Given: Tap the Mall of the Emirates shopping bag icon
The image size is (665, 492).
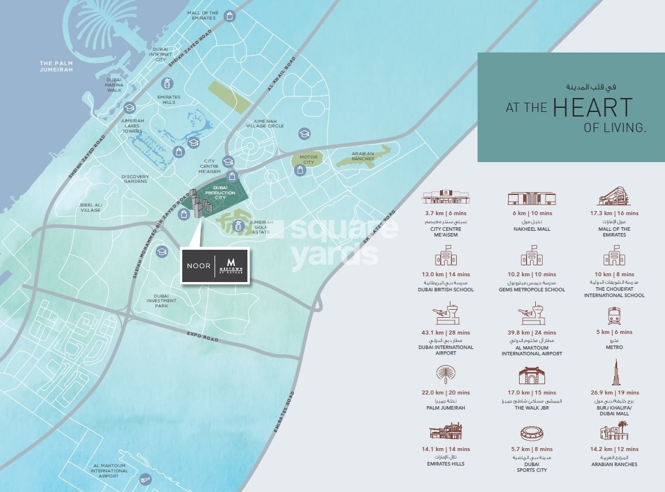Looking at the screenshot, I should [x=230, y=16].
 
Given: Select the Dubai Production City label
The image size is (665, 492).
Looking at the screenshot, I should [x=224, y=192].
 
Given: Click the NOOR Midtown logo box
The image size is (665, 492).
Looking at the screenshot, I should [x=215, y=266].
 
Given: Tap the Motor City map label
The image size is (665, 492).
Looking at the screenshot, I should [x=309, y=159].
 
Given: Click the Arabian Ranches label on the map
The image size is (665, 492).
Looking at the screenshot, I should [x=363, y=156].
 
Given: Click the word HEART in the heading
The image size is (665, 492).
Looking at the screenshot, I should [x=592, y=108].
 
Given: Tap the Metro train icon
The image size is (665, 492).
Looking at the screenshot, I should [x=614, y=316].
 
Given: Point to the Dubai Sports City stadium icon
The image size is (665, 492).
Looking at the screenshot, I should [x=532, y=433].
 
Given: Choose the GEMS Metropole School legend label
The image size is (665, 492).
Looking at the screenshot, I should [x=532, y=290].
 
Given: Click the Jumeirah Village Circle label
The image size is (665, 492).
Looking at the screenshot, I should [x=265, y=123].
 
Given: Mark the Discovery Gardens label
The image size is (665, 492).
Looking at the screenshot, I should [x=135, y=179].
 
